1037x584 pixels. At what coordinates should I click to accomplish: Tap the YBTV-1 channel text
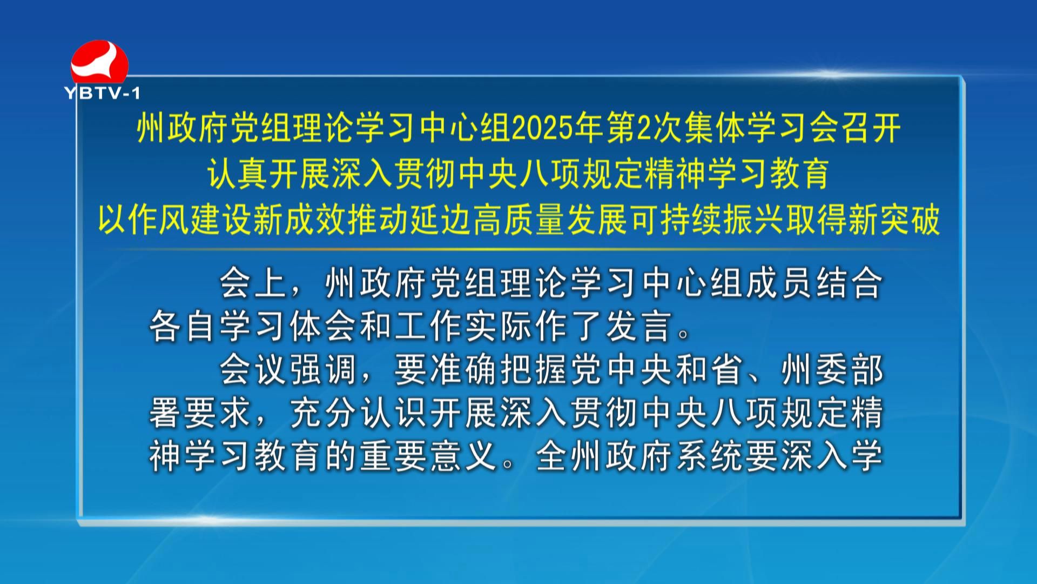pyautogui.click(x=103, y=94)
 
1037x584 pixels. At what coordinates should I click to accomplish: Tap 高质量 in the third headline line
pyautogui.click(x=520, y=220)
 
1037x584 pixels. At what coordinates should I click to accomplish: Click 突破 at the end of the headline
pyautogui.click(x=910, y=220)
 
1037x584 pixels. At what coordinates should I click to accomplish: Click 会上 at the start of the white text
pyautogui.click(x=252, y=283)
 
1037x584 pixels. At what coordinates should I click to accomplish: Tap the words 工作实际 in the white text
pyautogui.click(x=463, y=327)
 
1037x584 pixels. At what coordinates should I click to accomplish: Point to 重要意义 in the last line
pyautogui.click(x=428, y=457)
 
